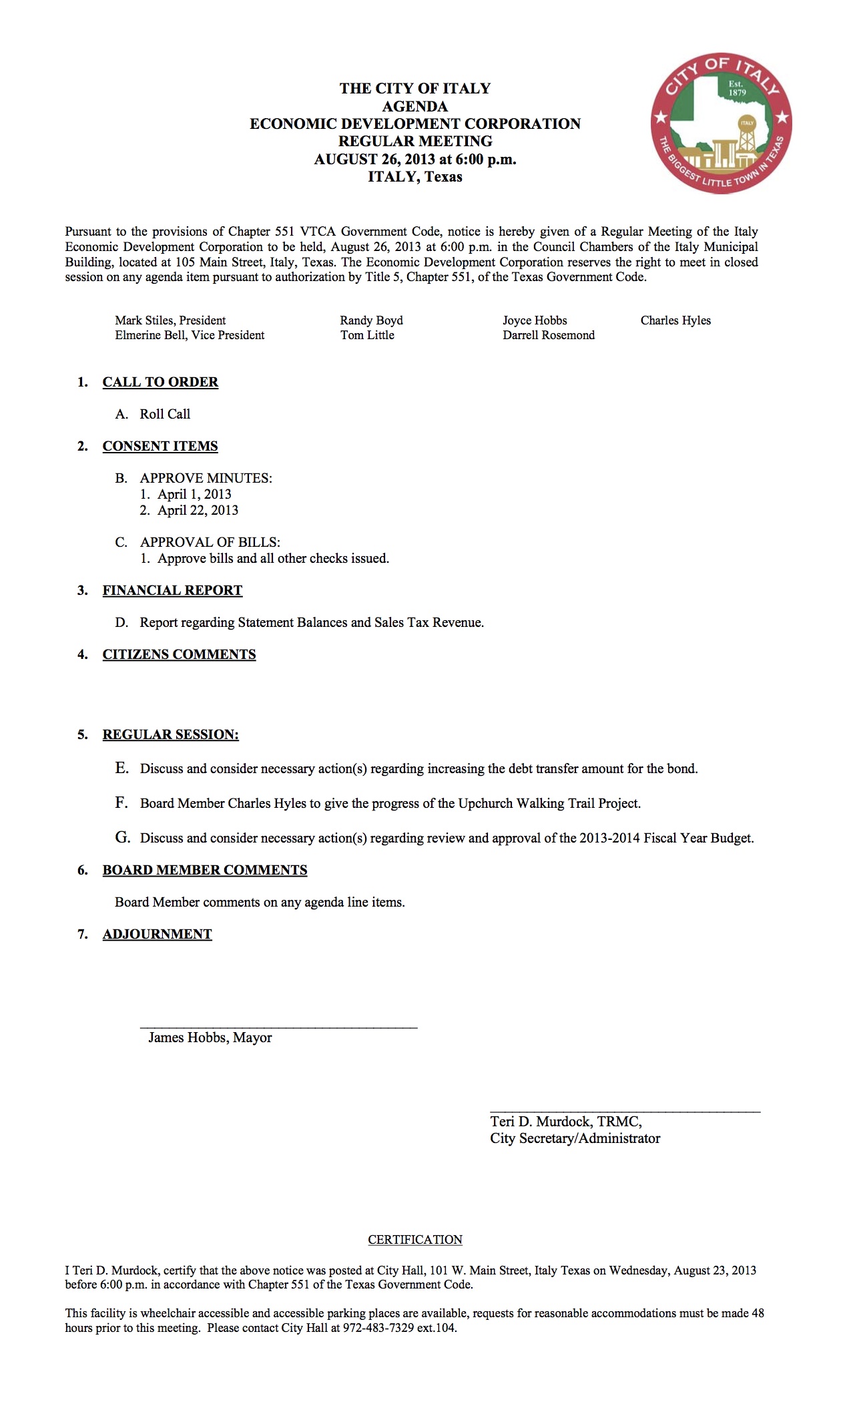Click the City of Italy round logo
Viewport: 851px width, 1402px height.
(x=721, y=124)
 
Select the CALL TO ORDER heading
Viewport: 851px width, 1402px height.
(x=160, y=382)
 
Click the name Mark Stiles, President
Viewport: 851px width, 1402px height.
(x=170, y=320)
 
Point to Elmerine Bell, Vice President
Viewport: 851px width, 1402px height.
(x=190, y=335)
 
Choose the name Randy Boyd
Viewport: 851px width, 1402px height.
(x=371, y=320)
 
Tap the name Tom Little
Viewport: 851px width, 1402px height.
(x=367, y=335)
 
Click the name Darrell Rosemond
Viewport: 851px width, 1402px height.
(x=549, y=335)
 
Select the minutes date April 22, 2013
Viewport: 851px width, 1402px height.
(x=198, y=510)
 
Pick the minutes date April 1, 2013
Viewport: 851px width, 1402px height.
(x=194, y=494)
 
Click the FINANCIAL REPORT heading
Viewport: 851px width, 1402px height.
(x=172, y=590)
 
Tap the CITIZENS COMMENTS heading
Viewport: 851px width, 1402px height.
(x=179, y=654)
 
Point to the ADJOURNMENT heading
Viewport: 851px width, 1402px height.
(x=157, y=934)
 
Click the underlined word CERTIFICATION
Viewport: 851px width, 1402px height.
(x=415, y=1240)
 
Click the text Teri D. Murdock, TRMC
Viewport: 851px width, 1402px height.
(x=566, y=1122)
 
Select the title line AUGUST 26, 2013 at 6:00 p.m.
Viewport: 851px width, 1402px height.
(x=415, y=159)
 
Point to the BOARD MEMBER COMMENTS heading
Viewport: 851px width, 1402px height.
(x=205, y=870)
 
